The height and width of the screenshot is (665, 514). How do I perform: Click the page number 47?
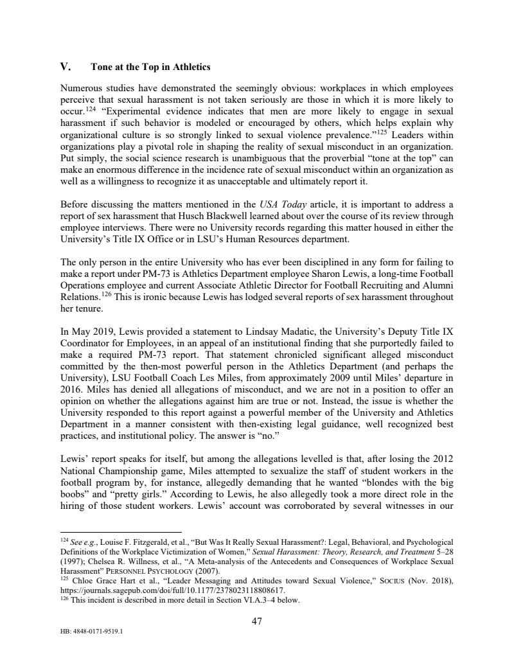tap(257, 621)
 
